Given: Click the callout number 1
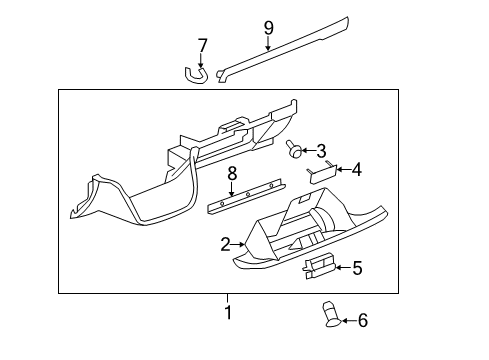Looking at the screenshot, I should point(227,312).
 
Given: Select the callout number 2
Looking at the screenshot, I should point(226,243).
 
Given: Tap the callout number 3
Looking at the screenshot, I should point(321,152).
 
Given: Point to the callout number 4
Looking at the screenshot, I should point(356,170).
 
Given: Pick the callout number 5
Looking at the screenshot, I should point(357,267).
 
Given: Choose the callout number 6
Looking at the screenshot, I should point(363,320).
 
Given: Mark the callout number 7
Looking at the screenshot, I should point(202,45).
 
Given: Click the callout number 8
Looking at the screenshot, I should point(232,174).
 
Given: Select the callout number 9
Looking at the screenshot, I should point(268,27).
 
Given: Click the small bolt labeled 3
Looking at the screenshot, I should point(296,150).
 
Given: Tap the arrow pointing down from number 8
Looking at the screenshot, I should point(232,190).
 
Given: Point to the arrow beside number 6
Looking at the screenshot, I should point(347,320).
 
